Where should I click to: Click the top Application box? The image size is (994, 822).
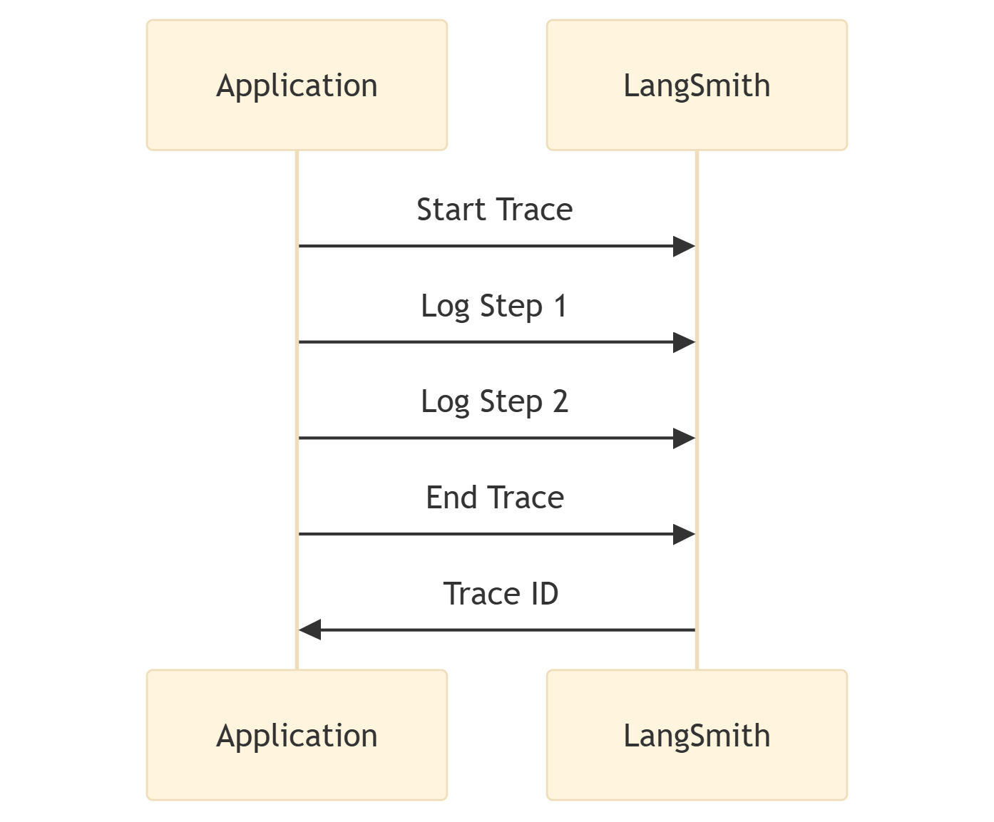pyautogui.click(x=297, y=86)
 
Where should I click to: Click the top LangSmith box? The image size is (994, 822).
pyautogui.click(x=697, y=86)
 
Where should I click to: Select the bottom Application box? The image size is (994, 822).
pyautogui.click(x=297, y=735)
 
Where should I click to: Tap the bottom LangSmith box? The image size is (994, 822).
pyautogui.click(x=697, y=735)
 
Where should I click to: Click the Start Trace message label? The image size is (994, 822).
pyautogui.click(x=494, y=210)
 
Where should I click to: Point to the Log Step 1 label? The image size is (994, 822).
pyautogui.click(x=494, y=307)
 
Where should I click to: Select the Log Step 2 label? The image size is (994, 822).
pyautogui.click(x=494, y=402)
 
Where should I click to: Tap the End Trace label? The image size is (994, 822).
pyautogui.click(x=494, y=498)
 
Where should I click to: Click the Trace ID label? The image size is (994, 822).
pyautogui.click(x=501, y=594)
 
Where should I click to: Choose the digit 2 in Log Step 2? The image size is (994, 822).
pyautogui.click(x=560, y=401)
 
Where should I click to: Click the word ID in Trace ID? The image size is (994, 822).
pyautogui.click(x=543, y=594)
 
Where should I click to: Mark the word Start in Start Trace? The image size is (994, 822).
pyautogui.click(x=451, y=210)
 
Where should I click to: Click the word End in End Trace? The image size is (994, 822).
pyautogui.click(x=451, y=498)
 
